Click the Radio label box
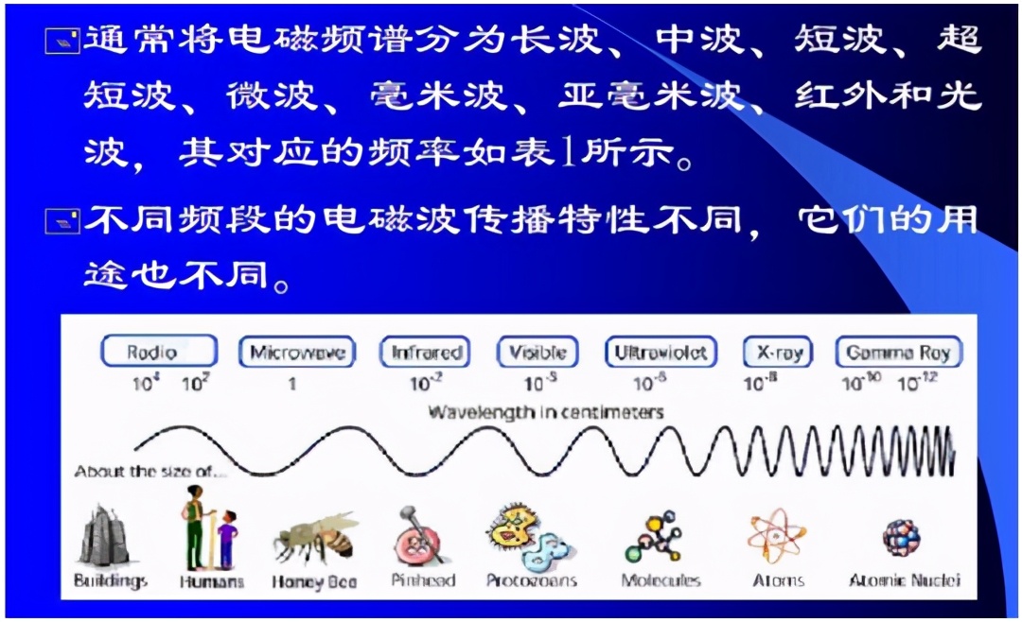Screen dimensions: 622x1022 click(x=158, y=353)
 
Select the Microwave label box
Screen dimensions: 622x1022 click(x=297, y=353)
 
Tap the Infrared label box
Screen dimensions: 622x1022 click(x=427, y=353)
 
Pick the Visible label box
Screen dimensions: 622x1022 click(x=537, y=353)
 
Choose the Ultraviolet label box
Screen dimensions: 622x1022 click(x=661, y=353)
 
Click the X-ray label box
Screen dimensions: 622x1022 click(x=779, y=353)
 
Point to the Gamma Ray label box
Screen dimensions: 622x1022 click(x=898, y=353)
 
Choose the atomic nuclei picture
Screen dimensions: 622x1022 click(x=900, y=536)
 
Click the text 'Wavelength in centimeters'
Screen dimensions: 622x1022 click(x=546, y=412)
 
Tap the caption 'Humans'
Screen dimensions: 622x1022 click(x=211, y=581)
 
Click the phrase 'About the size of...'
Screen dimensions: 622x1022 click(x=151, y=471)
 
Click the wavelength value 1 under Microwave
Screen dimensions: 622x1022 click(x=292, y=384)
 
